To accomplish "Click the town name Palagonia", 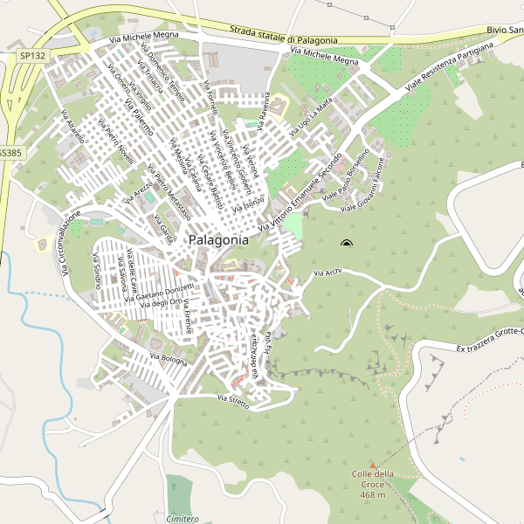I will point(218,238).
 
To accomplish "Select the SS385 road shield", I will point(9,152).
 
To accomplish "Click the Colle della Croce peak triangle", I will point(373,465).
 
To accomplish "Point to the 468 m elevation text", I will point(373,495).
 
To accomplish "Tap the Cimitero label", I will point(182,518).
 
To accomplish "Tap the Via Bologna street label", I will point(169,358).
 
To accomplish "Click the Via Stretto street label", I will point(233,402).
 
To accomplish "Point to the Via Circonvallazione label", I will point(70,243).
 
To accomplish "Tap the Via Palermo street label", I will point(139,117).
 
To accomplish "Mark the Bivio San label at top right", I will point(504,31).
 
